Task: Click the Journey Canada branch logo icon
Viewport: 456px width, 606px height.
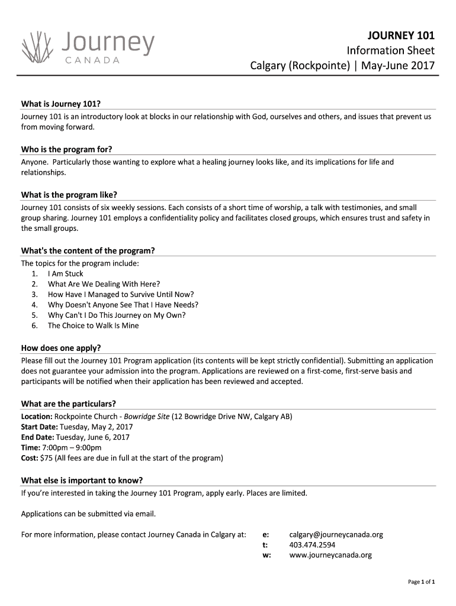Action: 37,46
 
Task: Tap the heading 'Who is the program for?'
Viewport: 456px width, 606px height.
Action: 66,149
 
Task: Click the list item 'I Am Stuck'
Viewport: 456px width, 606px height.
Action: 65,274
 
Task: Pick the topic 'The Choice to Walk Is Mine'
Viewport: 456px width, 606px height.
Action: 93,325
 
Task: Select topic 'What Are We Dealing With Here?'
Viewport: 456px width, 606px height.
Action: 104,284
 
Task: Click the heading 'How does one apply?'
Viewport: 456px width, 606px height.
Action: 60,348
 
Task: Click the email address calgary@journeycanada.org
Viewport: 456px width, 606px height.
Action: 336,534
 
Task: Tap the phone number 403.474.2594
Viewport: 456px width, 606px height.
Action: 312,545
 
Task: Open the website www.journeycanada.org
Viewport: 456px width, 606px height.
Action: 330,555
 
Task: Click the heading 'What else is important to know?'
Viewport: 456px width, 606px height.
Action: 82,480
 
